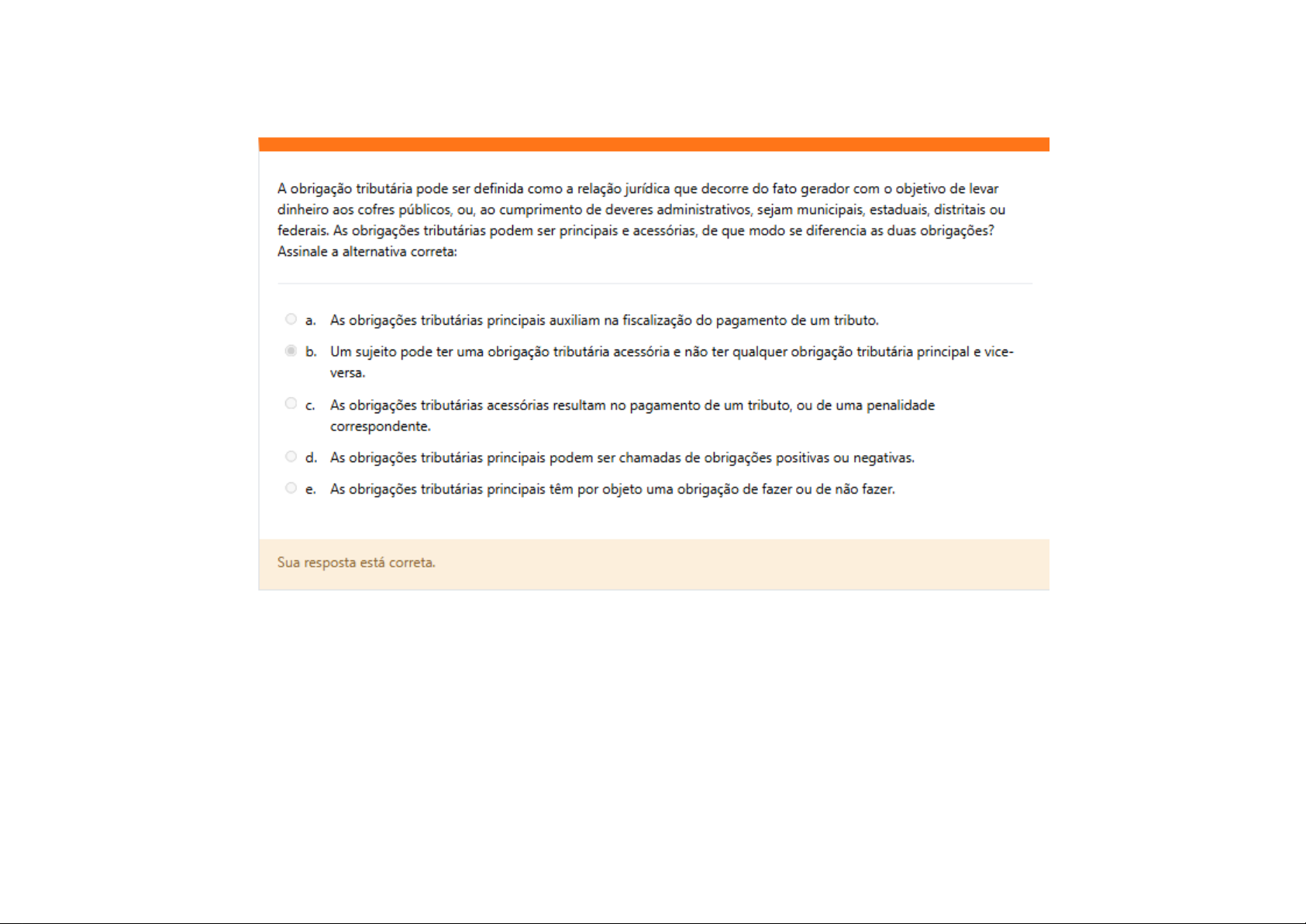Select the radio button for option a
(291, 319)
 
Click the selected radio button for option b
(291, 350)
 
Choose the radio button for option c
(291, 403)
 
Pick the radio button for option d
(291, 457)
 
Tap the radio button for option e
(291, 488)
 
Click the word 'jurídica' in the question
(647, 189)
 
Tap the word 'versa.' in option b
(347, 373)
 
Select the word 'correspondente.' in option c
(380, 426)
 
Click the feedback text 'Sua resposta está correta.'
(357, 563)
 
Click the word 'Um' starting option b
(340, 352)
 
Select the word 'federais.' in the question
(303, 231)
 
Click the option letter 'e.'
(311, 489)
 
